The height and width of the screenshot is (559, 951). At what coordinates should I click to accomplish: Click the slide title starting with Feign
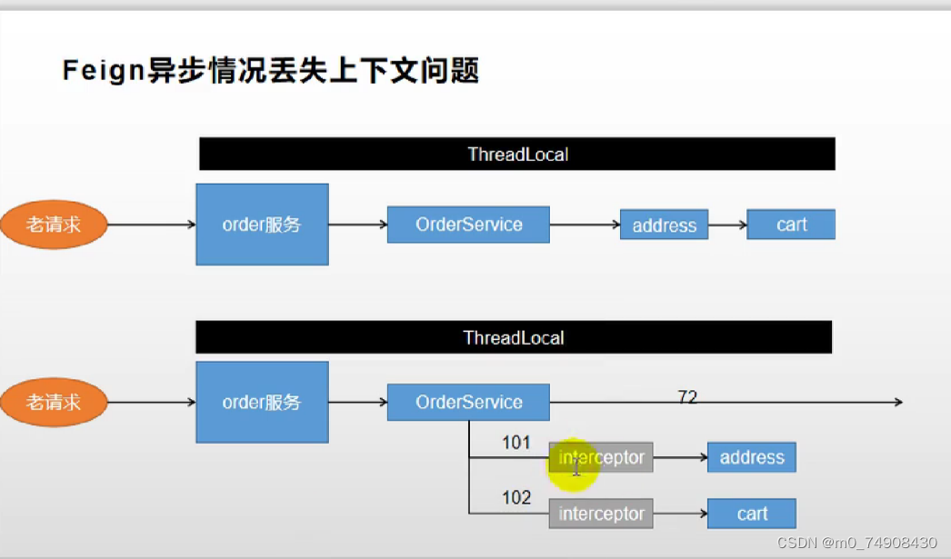270,70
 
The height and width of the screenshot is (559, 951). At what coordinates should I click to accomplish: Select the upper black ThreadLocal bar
516,154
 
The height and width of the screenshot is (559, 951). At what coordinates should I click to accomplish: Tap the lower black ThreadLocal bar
514,338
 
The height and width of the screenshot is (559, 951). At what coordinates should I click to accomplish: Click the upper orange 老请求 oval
54,225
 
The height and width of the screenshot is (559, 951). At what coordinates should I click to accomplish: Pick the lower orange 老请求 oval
54,402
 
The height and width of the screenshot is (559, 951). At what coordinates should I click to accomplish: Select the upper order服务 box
262,225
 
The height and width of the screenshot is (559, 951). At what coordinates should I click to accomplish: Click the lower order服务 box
262,402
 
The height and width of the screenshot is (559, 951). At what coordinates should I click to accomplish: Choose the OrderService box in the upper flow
468,225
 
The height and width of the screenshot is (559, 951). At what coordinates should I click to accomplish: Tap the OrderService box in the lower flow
468,402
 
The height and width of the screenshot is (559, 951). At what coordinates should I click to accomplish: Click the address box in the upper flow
664,225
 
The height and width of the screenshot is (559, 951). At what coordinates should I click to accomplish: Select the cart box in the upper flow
790,225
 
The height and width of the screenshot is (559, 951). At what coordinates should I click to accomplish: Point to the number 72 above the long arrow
687,396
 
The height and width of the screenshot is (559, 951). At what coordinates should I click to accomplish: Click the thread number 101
516,444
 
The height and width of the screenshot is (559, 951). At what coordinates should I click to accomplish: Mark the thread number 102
516,498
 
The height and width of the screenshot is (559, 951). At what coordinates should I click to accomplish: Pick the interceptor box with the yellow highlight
601,457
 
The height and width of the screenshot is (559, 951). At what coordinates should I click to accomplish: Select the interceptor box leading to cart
601,514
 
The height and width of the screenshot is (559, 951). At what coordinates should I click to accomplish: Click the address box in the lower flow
751,457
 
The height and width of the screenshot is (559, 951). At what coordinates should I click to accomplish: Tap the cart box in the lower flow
751,514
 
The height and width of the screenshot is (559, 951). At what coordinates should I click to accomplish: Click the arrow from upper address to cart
727,225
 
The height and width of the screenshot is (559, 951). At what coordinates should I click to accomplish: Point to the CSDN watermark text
856,543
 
